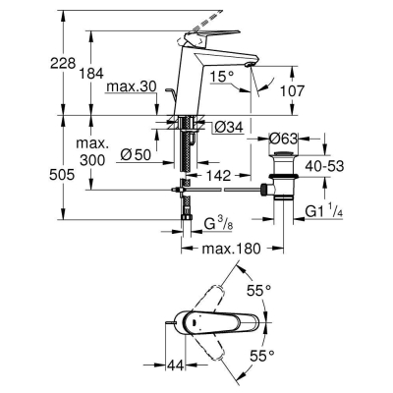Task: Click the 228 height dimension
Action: (33, 61)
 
